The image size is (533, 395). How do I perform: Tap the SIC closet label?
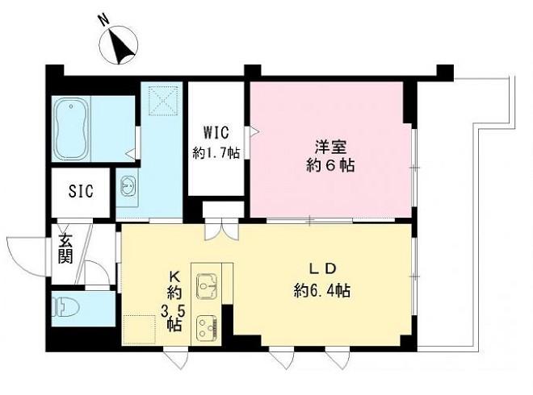tap(81, 191)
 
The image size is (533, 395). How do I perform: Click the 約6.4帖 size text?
tap(321, 289)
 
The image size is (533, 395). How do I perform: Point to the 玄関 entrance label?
tap(65, 248)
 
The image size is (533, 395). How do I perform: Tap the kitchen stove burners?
tap(204, 327)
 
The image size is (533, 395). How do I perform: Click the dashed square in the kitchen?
tap(140, 330)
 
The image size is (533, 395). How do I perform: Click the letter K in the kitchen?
tap(174, 274)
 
